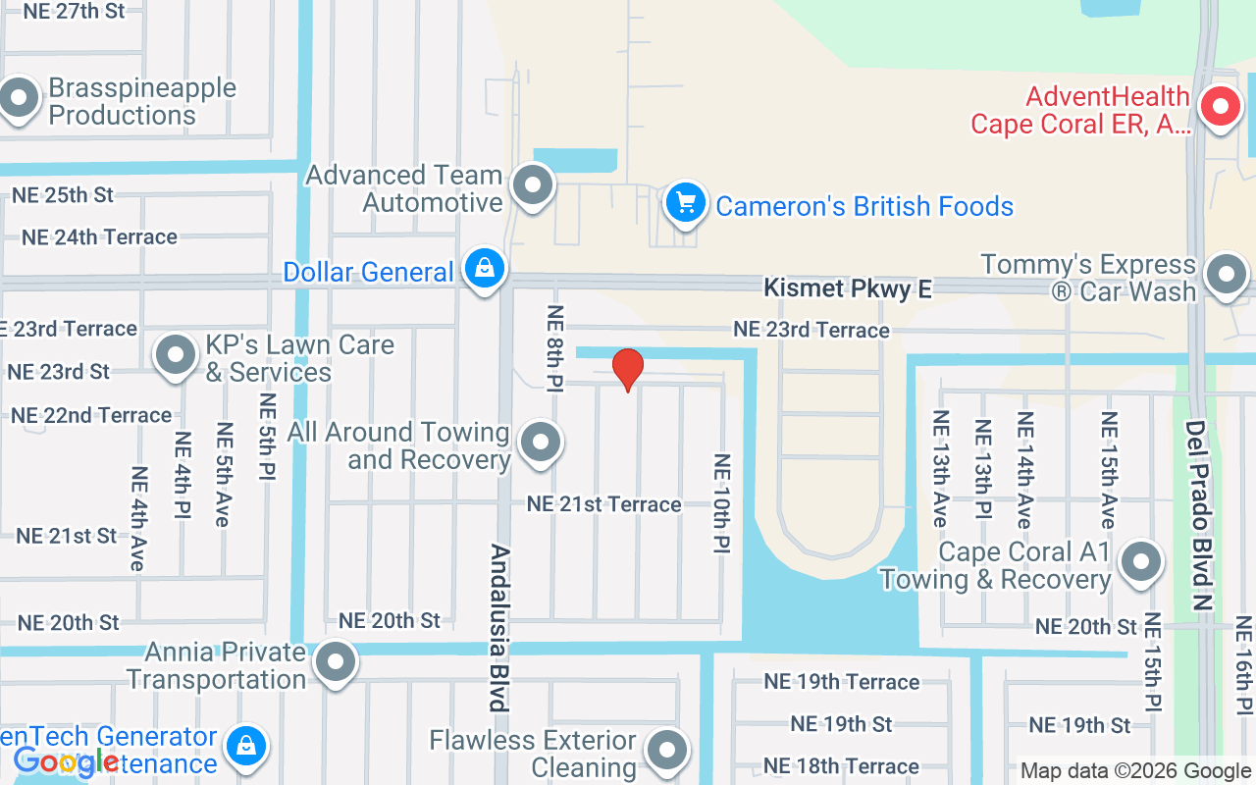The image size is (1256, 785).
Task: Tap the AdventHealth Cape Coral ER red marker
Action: click(x=1222, y=107)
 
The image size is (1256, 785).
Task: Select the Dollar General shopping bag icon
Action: click(x=484, y=268)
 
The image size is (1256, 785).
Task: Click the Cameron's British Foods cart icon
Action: click(x=686, y=204)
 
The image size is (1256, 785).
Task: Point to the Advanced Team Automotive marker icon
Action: click(x=535, y=184)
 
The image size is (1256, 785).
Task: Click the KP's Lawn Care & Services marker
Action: click(x=177, y=355)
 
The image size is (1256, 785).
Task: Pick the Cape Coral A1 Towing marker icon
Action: click(x=1140, y=562)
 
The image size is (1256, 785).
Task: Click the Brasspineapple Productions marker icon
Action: click(x=19, y=99)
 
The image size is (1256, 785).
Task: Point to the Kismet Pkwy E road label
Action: click(x=848, y=288)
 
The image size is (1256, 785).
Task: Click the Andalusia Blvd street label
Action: click(x=498, y=627)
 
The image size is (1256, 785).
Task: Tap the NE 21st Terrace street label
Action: click(x=603, y=504)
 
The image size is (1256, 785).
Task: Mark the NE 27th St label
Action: click(x=74, y=11)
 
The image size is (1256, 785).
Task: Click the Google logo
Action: click(x=66, y=761)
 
